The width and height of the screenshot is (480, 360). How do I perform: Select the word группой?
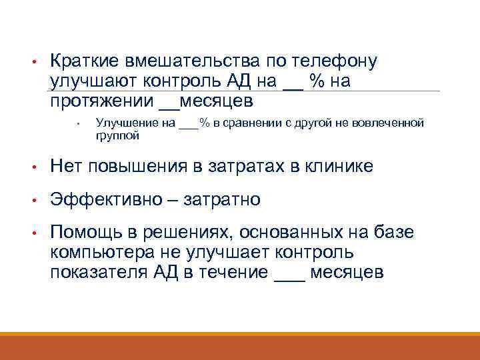pyautogui.click(x=118, y=135)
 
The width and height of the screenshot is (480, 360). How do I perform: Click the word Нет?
pyautogui.click(x=66, y=167)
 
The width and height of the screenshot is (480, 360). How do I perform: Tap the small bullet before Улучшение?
pyautogui.click(x=79, y=123)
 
